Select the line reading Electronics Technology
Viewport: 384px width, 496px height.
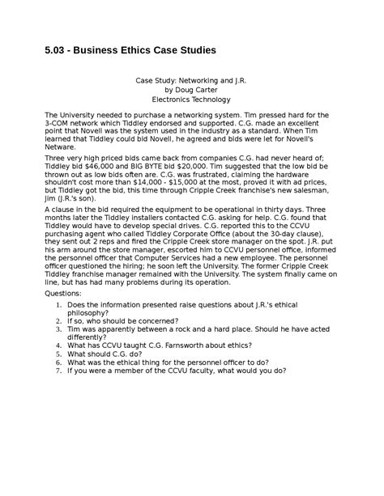click(192, 100)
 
